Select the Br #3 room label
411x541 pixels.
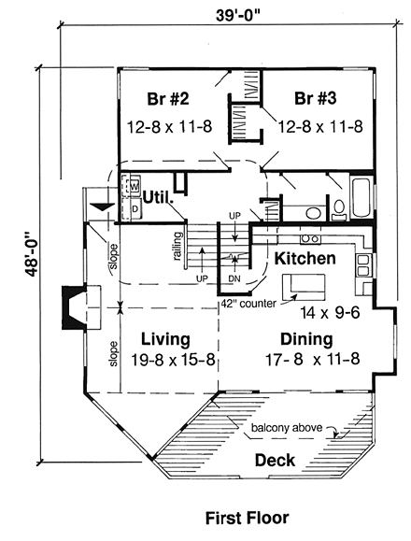(x=318, y=100)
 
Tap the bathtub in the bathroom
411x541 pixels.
(x=360, y=201)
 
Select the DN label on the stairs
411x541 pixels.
(x=234, y=278)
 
